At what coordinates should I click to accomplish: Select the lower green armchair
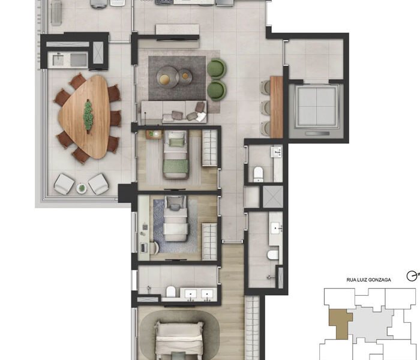[217, 91]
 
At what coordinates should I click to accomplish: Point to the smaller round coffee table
[185, 76]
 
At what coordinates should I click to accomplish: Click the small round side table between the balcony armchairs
[82, 188]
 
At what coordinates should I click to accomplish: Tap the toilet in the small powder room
[258, 173]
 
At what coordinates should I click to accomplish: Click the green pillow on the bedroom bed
[175, 143]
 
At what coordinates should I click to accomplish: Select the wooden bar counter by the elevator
[277, 107]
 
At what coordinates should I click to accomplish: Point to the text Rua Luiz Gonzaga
[368, 280]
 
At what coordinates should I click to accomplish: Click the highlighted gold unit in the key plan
[340, 323]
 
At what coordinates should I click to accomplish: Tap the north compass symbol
[413, 276]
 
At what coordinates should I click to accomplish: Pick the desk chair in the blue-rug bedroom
[155, 247]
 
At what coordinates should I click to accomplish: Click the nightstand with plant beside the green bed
[154, 134]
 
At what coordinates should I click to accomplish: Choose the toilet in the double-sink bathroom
[170, 292]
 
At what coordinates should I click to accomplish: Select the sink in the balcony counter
[58, 60]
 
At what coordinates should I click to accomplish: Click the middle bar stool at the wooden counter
[265, 107]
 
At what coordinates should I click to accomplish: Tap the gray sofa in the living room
[173, 112]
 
